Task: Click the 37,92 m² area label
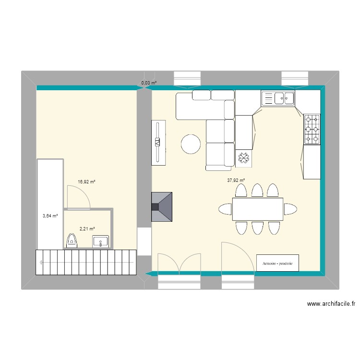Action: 236,181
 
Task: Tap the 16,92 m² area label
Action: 86,182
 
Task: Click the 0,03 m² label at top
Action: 149,83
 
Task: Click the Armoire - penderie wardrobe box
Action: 277,264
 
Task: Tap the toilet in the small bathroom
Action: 72,240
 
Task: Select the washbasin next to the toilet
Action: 101,241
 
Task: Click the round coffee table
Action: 190,144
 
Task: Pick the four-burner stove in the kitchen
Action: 312,129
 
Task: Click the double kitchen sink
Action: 278,98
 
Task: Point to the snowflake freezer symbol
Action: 243,158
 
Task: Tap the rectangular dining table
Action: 257,209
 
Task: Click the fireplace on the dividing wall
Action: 162,207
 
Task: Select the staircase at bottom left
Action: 85,263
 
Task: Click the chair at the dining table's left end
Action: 225,209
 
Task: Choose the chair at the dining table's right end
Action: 290,209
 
